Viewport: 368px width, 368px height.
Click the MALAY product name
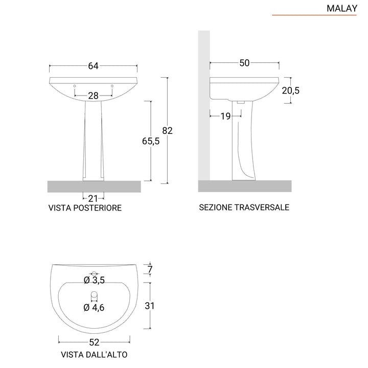point(341,8)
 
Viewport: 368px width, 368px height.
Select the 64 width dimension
point(93,66)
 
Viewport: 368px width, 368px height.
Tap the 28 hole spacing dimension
point(93,96)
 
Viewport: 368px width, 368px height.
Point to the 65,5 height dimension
point(151,142)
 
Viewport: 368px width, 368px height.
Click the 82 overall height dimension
point(167,130)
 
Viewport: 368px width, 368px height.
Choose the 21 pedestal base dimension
point(93,198)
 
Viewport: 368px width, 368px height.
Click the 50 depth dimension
point(244,63)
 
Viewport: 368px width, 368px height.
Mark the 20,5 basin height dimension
point(290,90)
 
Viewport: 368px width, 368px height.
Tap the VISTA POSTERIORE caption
point(85,208)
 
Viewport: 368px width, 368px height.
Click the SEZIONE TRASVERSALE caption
point(244,208)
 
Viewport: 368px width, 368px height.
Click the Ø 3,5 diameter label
point(94,280)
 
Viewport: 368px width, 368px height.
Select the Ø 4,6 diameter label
point(94,307)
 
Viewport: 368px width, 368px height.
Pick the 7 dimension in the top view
point(149,269)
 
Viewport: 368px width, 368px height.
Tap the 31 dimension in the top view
point(149,306)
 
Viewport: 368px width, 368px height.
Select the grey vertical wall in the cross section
point(203,102)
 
